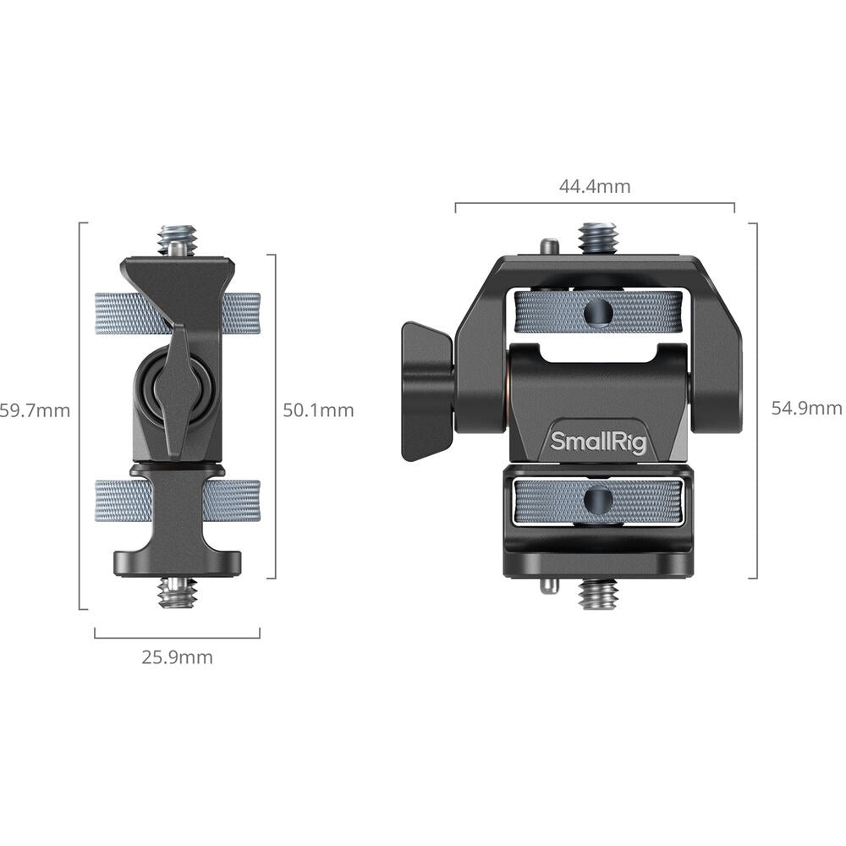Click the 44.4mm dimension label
coord(594,187)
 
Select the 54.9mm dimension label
coord(806,409)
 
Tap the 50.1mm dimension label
coord(318,410)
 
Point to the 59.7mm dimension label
coord(35,411)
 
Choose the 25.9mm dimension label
coord(177,656)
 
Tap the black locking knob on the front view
coord(427,391)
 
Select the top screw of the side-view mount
coord(177,239)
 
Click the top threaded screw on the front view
coord(598,238)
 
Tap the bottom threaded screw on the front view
coord(598,594)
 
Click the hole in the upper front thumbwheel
coord(598,313)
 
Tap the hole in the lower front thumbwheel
coord(598,501)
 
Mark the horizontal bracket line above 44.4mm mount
coord(594,203)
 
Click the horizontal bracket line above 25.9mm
coord(177,637)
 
